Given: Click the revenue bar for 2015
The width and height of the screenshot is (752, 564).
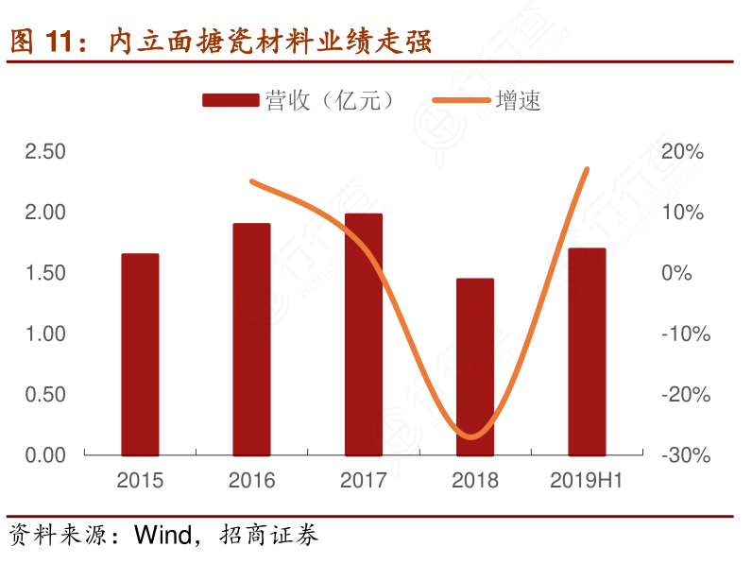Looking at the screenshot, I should point(140,354).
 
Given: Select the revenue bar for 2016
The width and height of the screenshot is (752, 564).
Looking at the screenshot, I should point(251,339).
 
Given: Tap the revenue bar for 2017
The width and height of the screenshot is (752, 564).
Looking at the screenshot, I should point(364,334).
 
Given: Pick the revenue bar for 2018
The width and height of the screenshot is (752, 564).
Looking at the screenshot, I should point(475,367).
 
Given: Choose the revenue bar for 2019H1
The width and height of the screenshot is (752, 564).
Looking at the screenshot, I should point(587,351).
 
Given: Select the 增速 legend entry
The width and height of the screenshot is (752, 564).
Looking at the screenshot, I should point(487,101).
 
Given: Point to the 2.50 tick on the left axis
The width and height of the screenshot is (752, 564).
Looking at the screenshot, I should point(45,151).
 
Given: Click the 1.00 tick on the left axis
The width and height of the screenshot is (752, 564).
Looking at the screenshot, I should point(45,333).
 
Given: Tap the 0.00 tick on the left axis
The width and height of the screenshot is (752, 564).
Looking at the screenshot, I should point(45,455).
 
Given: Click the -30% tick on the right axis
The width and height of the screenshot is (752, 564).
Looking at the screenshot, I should point(685,455).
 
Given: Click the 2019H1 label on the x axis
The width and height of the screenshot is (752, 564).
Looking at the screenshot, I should point(587,481).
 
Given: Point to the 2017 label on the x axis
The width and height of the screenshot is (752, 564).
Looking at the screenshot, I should point(364,481).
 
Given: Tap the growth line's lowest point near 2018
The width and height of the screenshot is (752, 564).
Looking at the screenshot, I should point(474,437).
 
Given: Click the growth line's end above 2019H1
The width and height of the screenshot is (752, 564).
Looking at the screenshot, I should point(587,169).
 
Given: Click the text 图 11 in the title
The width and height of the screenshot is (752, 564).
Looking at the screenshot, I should point(44,41).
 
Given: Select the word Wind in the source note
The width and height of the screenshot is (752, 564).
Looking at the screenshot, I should point(162,536).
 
